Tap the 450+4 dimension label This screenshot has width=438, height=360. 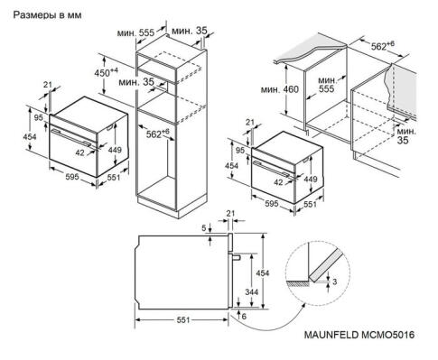click(109, 71)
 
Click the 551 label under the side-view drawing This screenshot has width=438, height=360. click(183, 320)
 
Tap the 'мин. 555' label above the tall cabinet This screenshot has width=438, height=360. click(133, 31)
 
